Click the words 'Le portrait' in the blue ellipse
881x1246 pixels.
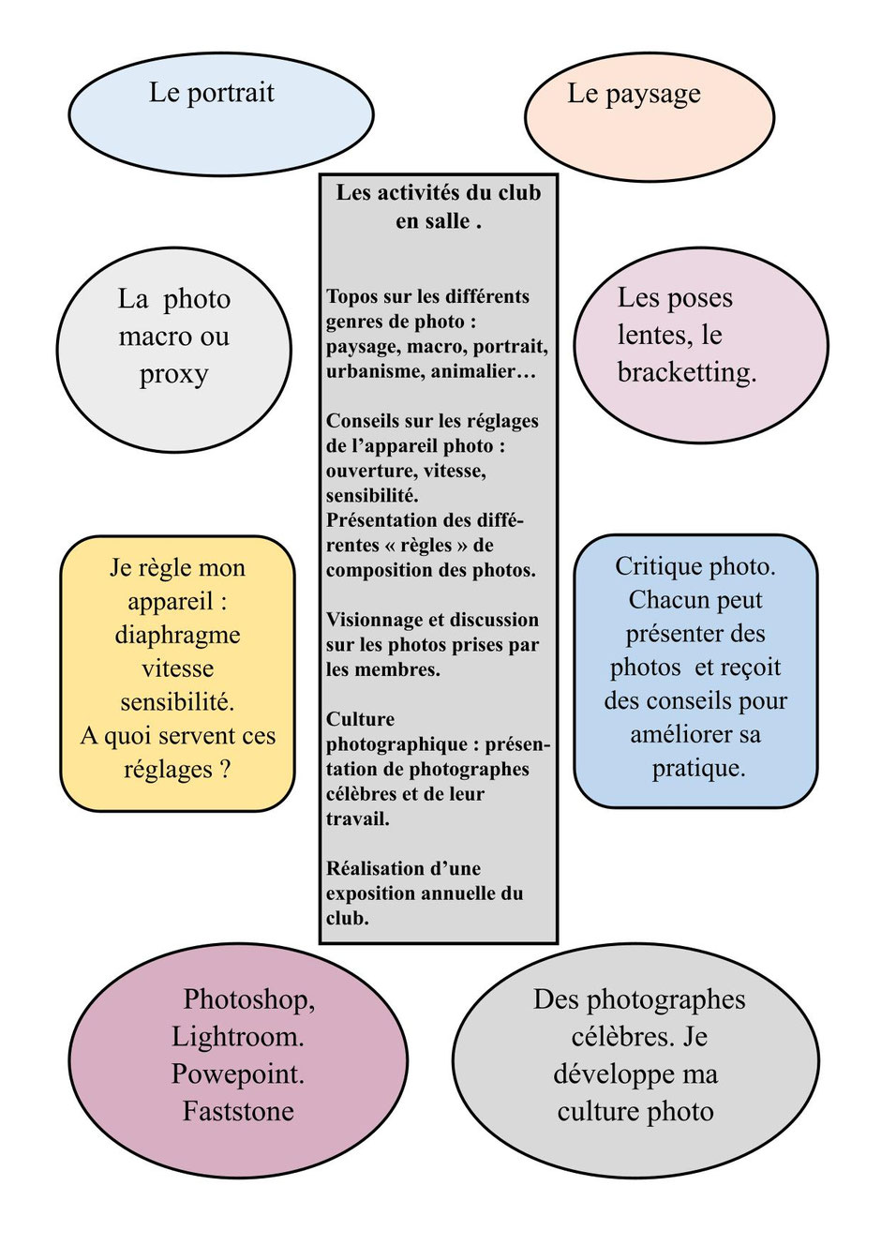[212, 93]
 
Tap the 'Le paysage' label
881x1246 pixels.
[634, 94]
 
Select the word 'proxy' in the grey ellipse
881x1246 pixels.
[173, 374]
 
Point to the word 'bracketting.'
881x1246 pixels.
[687, 372]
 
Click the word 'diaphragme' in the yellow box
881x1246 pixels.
[177, 635]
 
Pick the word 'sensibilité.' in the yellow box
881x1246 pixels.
[177, 702]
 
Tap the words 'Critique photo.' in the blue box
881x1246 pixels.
[695, 566]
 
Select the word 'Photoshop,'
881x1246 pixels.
[249, 999]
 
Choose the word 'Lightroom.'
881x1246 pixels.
[238, 1037]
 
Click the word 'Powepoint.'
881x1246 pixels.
[238, 1074]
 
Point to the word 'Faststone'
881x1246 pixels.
[238, 1112]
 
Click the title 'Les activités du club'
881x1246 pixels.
[439, 193]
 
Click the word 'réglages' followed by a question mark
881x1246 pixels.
[168, 770]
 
